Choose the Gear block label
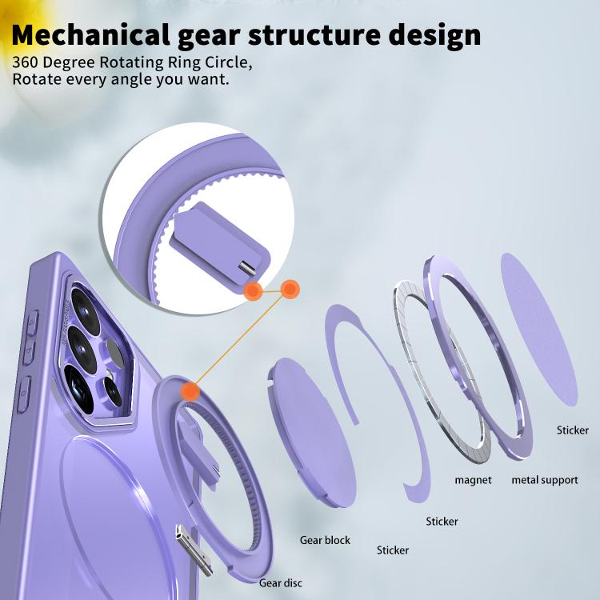pos(325,540)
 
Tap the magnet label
pos(473,480)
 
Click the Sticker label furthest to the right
pos(573,430)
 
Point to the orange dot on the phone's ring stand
pos(190,391)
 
